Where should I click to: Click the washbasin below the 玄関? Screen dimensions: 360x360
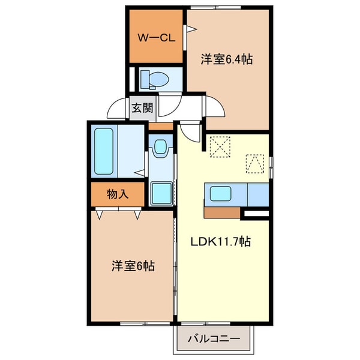(160, 148)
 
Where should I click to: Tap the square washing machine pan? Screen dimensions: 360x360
(161, 193)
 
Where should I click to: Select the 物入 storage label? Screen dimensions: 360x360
(118, 193)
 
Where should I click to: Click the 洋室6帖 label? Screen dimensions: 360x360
(133, 265)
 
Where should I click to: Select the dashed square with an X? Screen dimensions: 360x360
(220, 146)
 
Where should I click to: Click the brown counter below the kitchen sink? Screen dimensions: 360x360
(222, 212)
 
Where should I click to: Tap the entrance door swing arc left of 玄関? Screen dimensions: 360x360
(115, 107)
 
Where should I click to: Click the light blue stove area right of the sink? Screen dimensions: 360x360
(257, 194)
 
